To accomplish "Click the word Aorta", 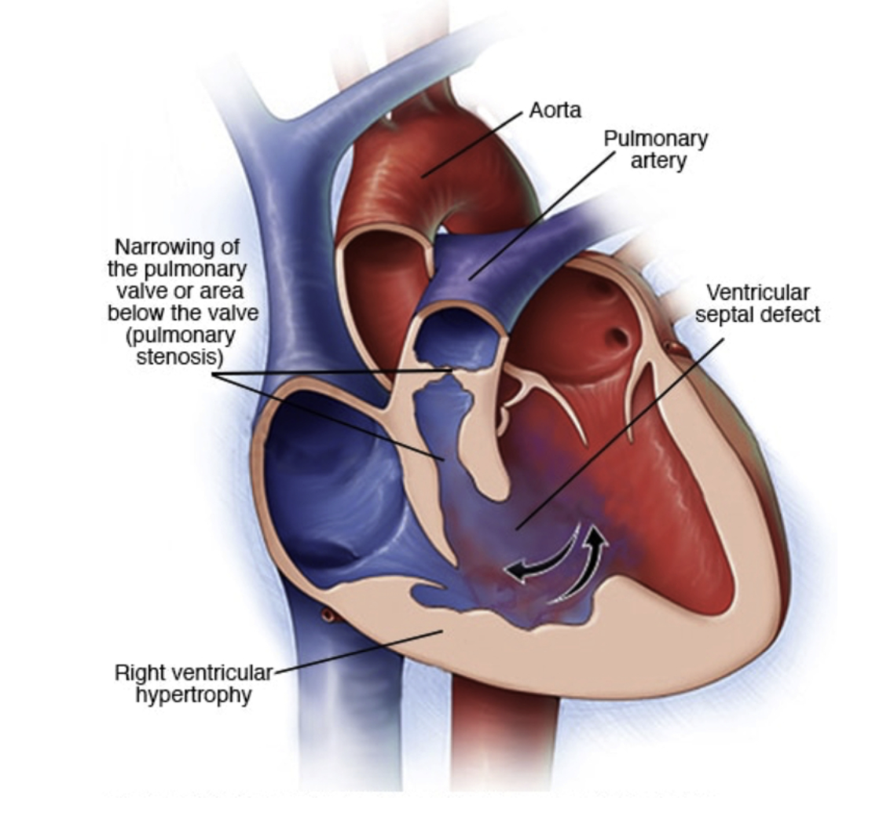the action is coord(555,111).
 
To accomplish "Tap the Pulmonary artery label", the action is coord(655,149).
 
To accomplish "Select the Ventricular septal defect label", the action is coord(757,304).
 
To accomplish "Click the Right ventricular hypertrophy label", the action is coord(194,684).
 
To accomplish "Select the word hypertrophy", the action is coord(194,695).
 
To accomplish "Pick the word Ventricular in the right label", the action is coord(757,293).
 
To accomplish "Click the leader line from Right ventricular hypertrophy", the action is coord(354,653).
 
